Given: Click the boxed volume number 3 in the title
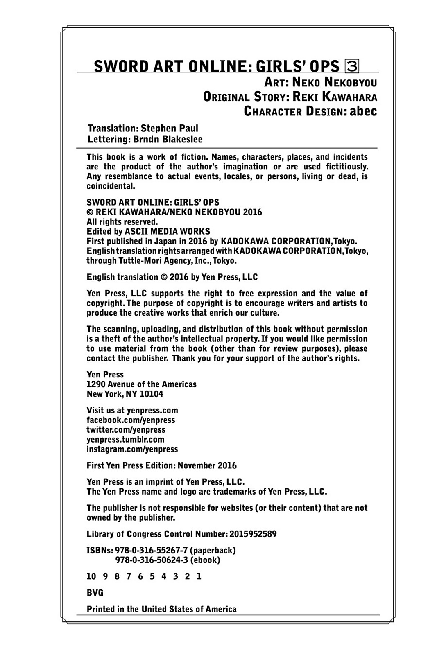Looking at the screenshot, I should (352, 66).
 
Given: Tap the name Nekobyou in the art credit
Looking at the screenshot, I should (351, 82).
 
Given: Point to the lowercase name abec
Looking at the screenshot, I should (363, 111).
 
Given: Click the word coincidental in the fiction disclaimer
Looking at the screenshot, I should (111, 186).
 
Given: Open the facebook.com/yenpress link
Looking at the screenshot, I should (131, 420).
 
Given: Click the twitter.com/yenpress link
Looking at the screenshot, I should (126, 430).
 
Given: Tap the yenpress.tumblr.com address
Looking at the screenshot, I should (125, 440).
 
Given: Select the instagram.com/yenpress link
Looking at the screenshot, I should (132, 449).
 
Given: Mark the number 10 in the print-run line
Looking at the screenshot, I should (91, 577).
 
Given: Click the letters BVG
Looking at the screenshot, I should (95, 593).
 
